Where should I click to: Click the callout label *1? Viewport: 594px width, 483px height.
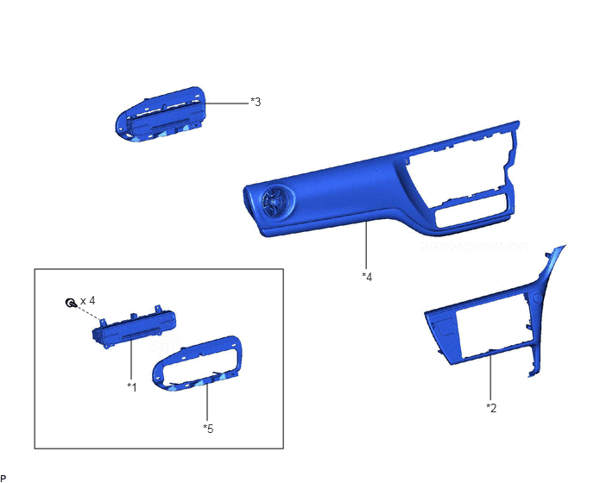pyautogui.click(x=132, y=387)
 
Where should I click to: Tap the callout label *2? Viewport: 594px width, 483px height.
pyautogui.click(x=491, y=408)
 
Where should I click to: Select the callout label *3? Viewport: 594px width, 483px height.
pyautogui.click(x=256, y=102)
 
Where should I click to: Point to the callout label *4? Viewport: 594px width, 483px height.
pyautogui.click(x=367, y=277)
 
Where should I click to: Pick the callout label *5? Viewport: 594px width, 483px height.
pyautogui.click(x=208, y=429)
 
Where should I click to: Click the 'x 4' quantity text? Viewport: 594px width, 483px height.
pyautogui.click(x=88, y=300)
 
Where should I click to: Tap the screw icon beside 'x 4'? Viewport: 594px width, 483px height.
pyautogui.click(x=71, y=303)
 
